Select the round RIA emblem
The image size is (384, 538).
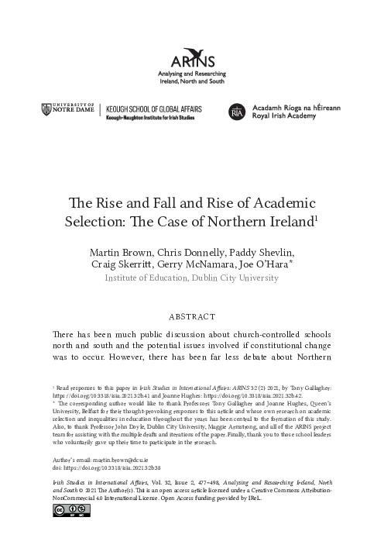pyautogui.click(x=237, y=113)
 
